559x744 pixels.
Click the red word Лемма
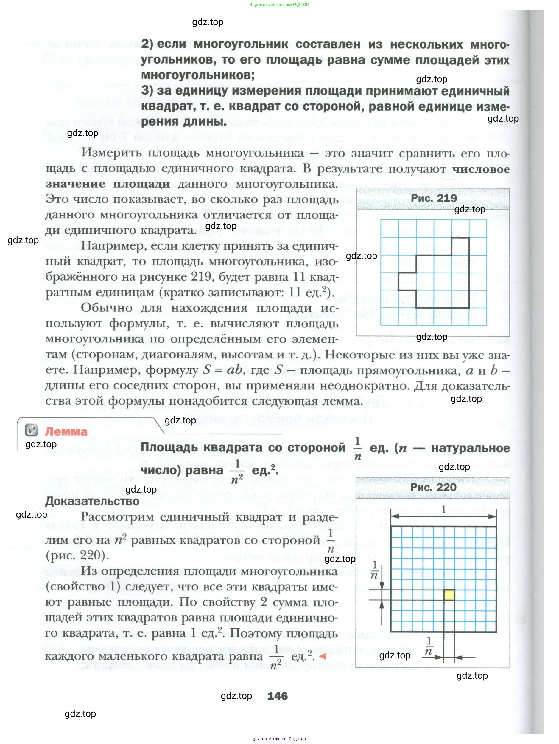[x=66, y=431]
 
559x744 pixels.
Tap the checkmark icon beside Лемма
[x=31, y=430]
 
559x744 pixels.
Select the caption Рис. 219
[x=433, y=198]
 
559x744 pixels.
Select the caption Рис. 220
[x=433, y=487]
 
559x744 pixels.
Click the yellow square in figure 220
[x=449, y=595]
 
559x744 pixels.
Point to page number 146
[x=278, y=696]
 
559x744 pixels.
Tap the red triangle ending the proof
[x=323, y=656]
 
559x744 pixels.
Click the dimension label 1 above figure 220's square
[x=443, y=510]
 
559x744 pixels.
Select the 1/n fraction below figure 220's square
[x=429, y=646]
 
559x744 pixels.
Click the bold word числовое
[x=481, y=169]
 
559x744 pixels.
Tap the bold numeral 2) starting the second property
[x=147, y=44]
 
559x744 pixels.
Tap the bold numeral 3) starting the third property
[x=147, y=91]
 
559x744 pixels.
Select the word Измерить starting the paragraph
[x=108, y=153]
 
